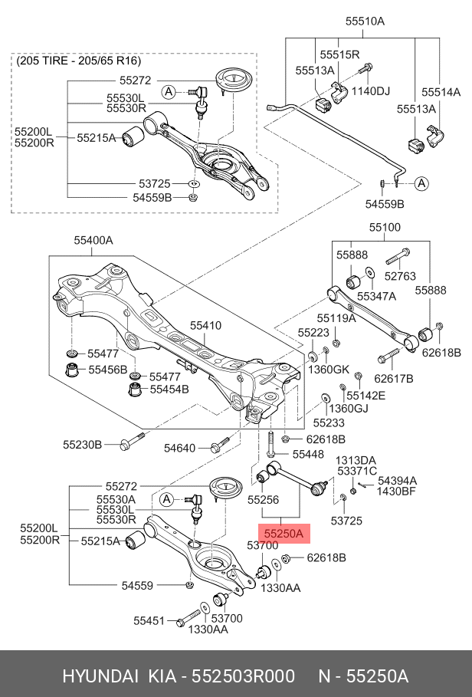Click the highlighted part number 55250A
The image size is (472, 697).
point(284,534)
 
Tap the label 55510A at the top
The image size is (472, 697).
point(365,21)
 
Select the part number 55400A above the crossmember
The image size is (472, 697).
point(93,241)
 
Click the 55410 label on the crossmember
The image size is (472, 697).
point(205,325)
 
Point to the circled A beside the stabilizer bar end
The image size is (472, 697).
point(421,183)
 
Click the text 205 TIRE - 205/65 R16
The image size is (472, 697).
point(79,61)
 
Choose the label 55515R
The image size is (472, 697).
point(339,54)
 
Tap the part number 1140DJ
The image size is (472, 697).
point(370,91)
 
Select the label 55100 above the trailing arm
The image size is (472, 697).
point(385,227)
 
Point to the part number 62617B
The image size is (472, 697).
point(393,378)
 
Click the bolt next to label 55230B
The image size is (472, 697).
point(133,441)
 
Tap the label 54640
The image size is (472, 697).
point(179,448)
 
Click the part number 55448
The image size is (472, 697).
point(308,454)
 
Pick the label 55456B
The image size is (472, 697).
point(107,370)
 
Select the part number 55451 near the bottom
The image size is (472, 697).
point(149,620)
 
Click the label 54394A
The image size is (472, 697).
point(397,481)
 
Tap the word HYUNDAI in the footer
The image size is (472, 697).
point(100,676)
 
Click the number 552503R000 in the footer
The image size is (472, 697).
point(242,676)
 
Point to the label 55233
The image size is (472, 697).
point(329,422)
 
